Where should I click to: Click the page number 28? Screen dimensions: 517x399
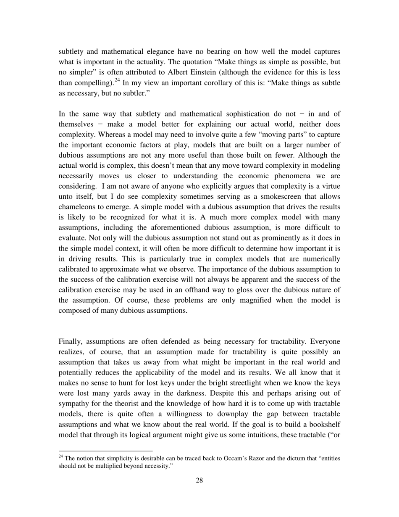click(x=199, y=480)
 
